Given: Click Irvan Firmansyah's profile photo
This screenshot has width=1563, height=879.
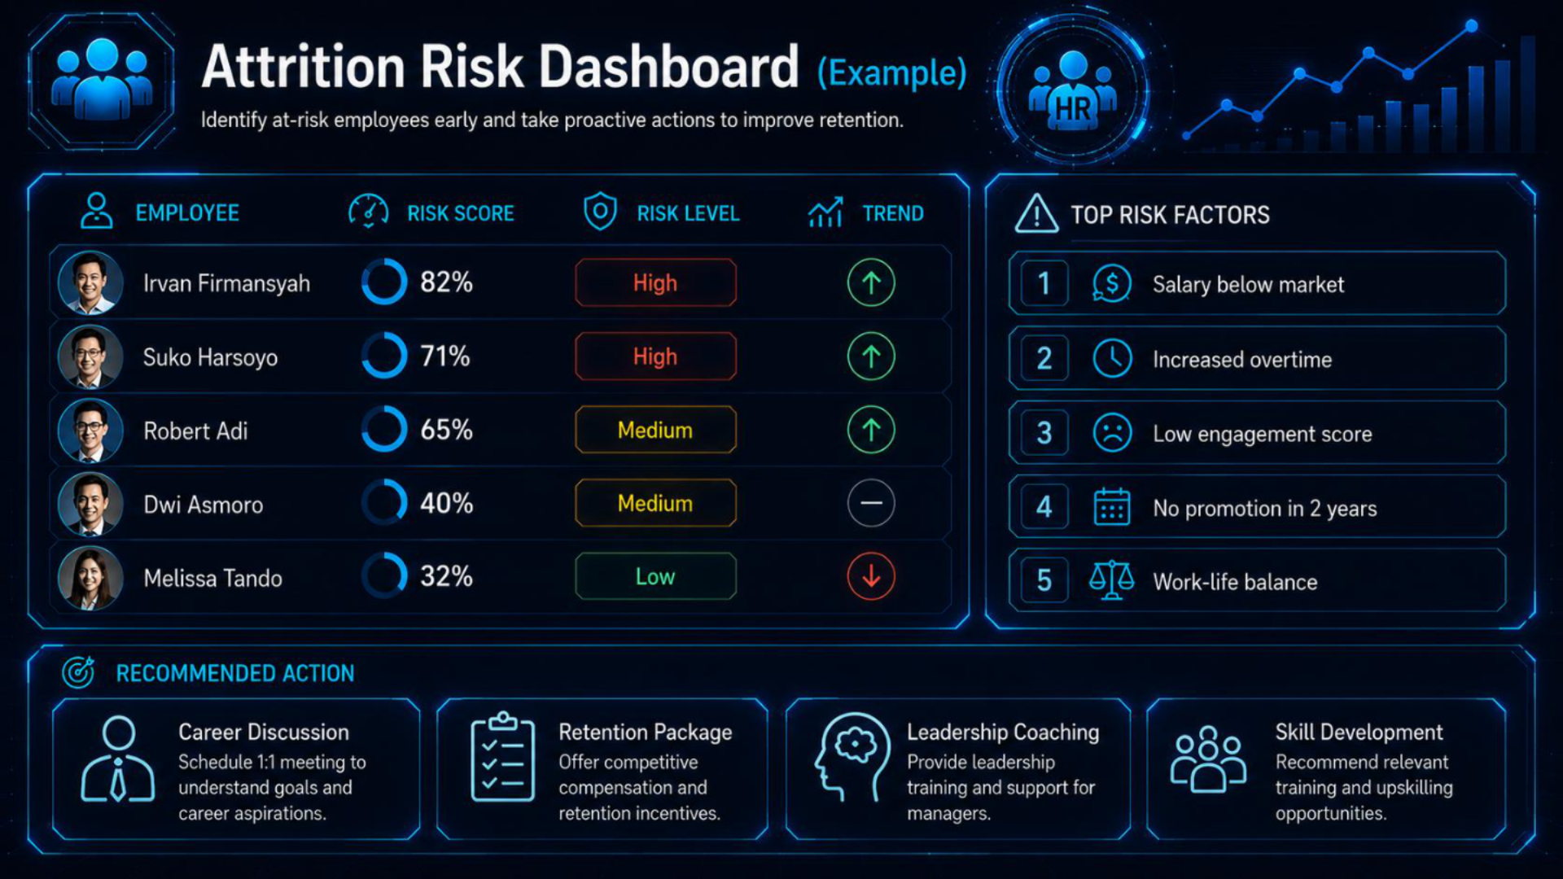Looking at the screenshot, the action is pos(90,282).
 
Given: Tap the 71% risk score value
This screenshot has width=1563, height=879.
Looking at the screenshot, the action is pos(445,356).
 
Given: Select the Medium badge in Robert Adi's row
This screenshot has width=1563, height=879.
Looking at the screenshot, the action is pos(655,430).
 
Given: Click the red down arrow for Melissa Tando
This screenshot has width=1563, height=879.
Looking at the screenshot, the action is pos(871,576).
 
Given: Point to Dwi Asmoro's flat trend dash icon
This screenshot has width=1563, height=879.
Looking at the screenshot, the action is pos(871,503).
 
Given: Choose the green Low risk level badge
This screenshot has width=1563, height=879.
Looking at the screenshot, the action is pos(655,576).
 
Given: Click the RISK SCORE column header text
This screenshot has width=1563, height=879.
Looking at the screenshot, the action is pos(461,213).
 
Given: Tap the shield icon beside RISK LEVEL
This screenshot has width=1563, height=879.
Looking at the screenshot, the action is pos(600,212).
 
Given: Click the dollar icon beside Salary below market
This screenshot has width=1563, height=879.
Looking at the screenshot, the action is pos(1112,284).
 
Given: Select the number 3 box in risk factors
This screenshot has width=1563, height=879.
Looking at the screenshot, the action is pos(1044,433).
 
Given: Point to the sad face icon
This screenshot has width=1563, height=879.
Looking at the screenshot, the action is pos(1112,433).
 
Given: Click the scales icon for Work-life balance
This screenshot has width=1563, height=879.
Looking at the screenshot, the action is pos(1112,580).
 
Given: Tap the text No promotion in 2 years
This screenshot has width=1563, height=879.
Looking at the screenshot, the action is pos(1265,509).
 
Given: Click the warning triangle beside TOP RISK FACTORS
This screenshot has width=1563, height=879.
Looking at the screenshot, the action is pos(1036,214).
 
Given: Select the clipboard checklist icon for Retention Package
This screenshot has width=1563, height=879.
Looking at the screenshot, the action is pos(503,756).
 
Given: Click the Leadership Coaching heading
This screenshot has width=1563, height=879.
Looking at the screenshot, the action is pos(1003,732).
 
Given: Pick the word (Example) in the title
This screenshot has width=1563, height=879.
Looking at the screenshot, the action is pos(891,72).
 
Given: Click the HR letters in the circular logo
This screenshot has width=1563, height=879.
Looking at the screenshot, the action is pos(1073,108).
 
